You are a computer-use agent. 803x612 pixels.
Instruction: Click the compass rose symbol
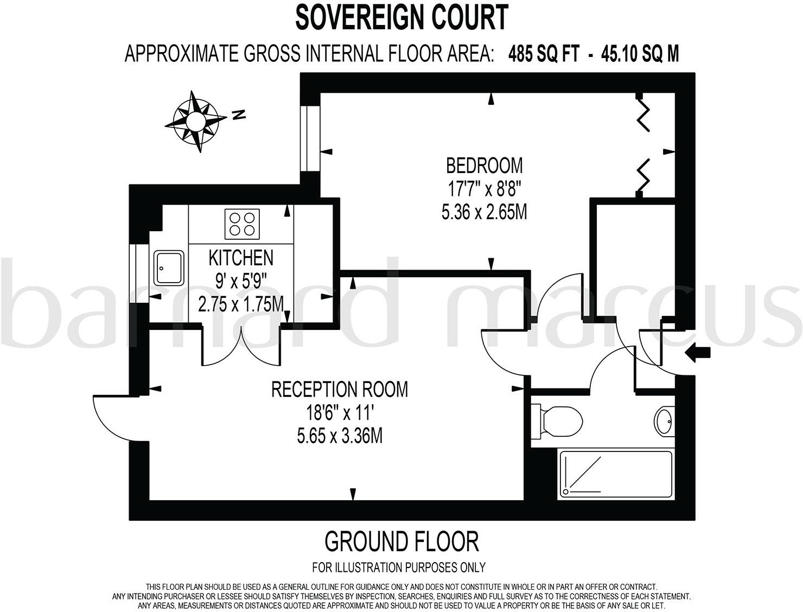click(195, 120)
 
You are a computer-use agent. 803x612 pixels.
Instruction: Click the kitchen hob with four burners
click(242, 224)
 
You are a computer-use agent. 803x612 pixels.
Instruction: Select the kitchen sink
click(169, 267)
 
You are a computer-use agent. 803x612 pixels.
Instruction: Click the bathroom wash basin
click(664, 419)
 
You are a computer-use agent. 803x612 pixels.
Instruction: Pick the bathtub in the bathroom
click(615, 474)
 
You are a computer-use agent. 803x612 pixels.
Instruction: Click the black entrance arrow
click(698, 353)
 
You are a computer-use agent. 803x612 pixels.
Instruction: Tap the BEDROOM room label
click(484, 164)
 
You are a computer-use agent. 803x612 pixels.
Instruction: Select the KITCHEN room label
click(241, 258)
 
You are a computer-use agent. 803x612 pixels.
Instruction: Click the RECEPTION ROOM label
click(340, 390)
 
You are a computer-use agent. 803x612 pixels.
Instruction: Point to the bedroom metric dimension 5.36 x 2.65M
click(484, 212)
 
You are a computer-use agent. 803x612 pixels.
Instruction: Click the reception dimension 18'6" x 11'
click(340, 413)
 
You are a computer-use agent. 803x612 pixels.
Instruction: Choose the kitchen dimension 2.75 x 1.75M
click(241, 304)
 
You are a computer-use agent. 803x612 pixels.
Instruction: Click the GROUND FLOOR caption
click(401, 541)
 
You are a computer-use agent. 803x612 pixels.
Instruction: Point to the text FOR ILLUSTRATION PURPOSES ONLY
click(399, 568)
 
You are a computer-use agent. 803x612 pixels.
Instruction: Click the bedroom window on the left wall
click(311, 138)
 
